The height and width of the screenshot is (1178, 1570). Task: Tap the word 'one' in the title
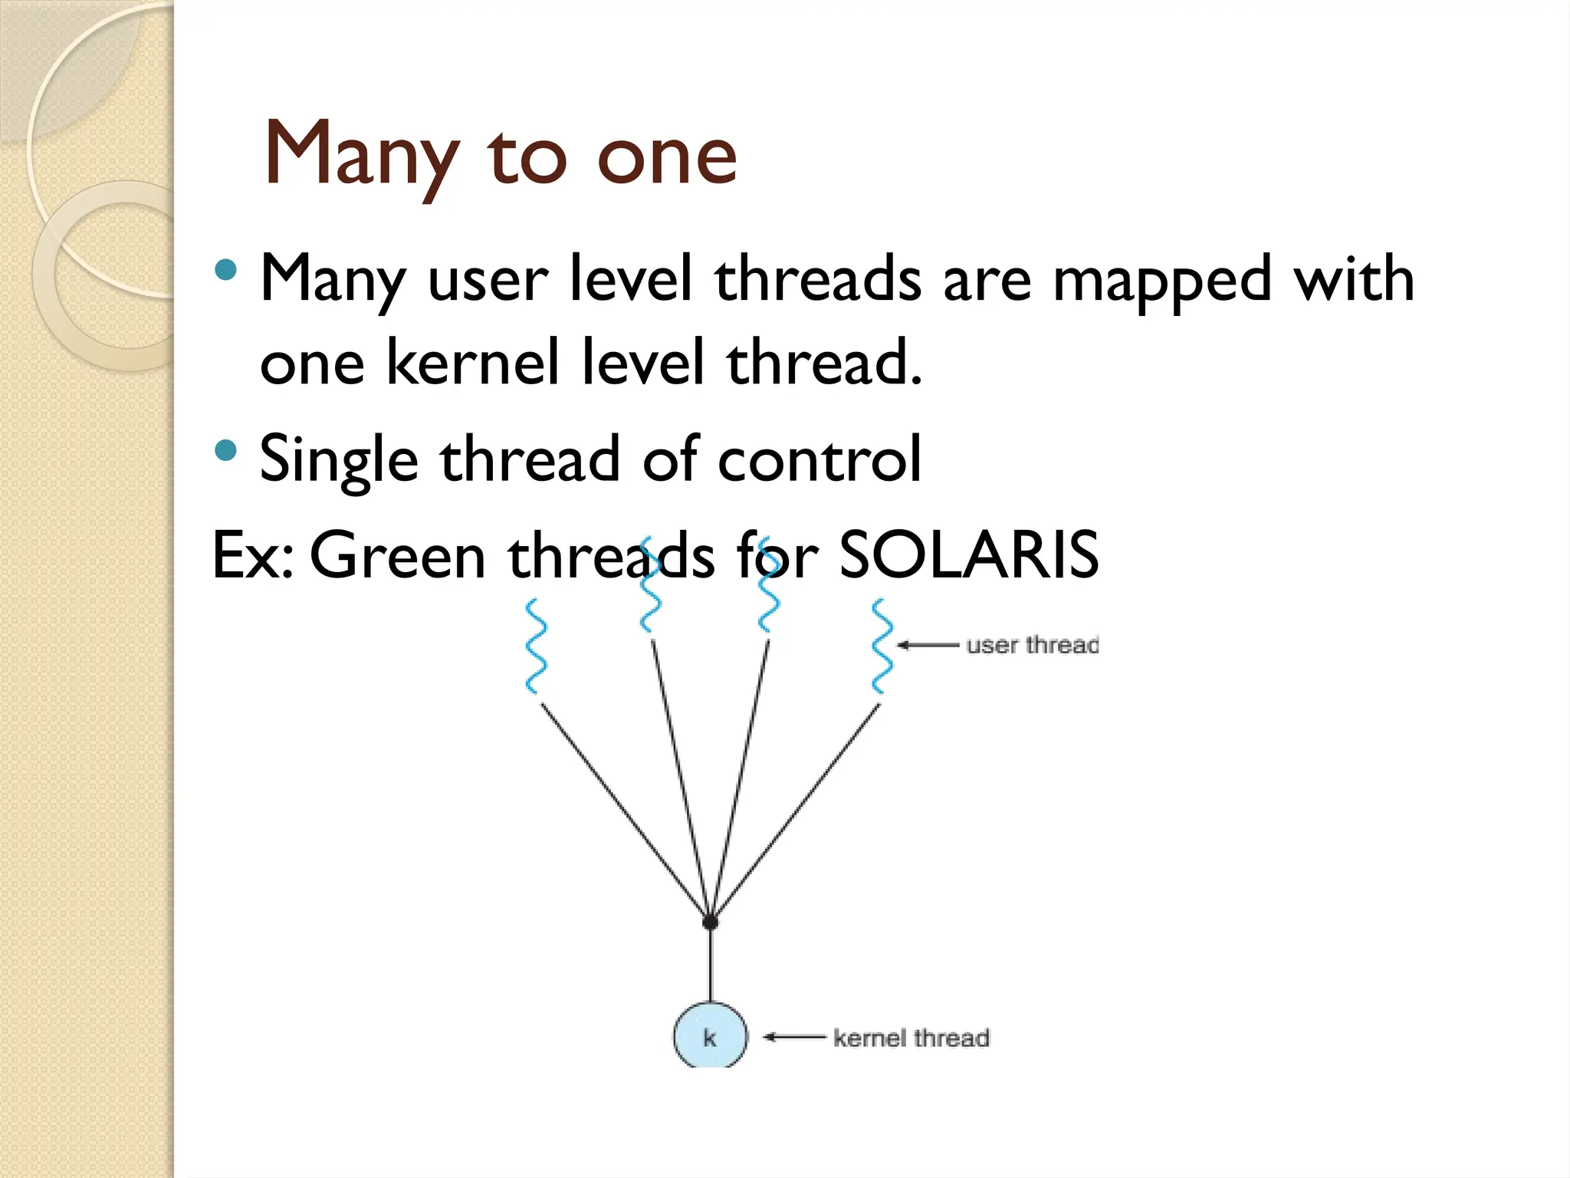point(666,157)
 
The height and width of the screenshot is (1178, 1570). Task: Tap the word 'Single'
point(338,460)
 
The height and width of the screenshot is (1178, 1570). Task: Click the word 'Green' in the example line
point(397,556)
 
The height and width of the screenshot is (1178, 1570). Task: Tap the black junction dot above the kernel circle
point(711,921)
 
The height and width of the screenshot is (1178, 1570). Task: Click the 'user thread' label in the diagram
point(1032,645)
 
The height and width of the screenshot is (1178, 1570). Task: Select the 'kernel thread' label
point(911,1038)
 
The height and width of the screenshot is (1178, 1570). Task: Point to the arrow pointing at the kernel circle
point(794,1038)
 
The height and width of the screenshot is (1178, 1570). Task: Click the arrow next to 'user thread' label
point(928,645)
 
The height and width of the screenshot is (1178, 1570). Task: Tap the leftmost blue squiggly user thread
point(536,647)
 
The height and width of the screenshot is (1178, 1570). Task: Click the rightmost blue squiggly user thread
point(882,647)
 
